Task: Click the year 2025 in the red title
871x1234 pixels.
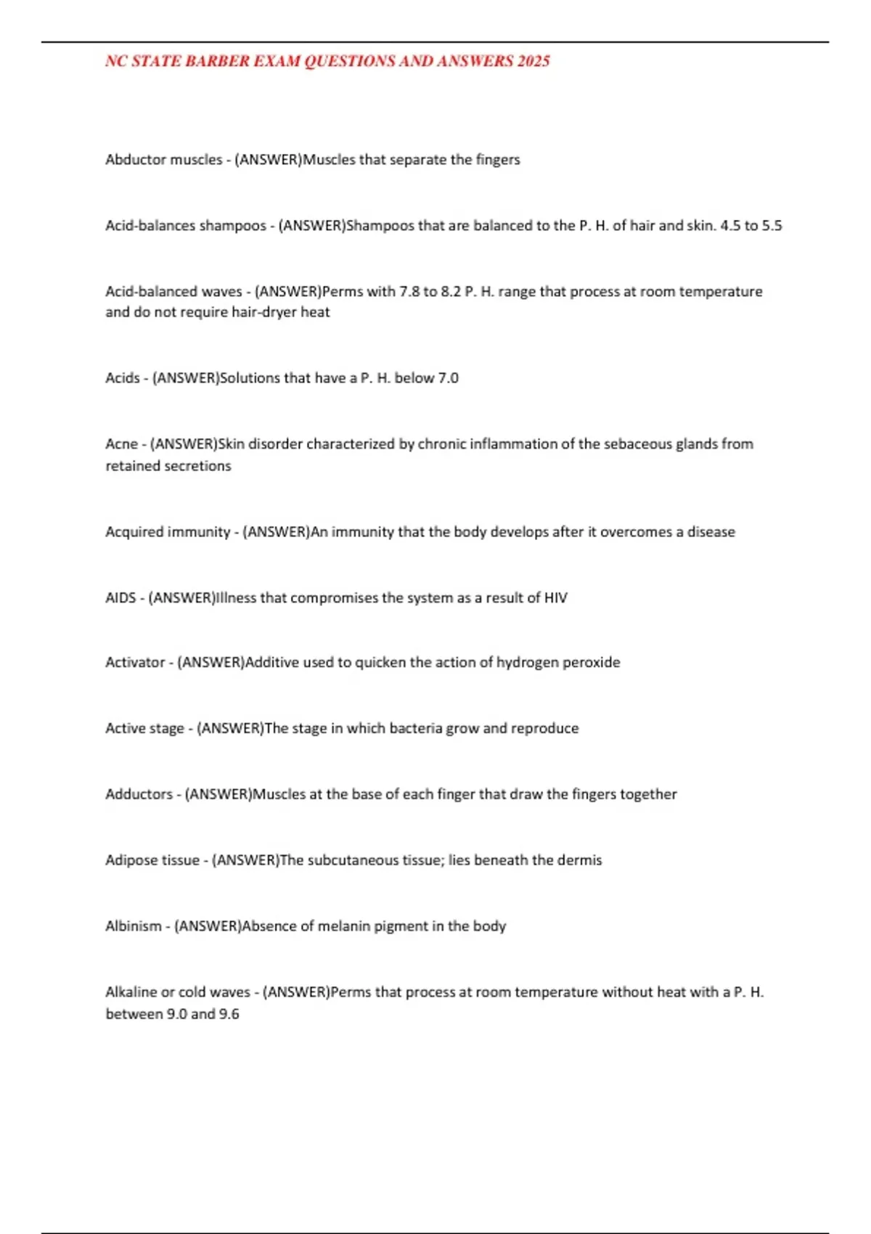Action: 533,61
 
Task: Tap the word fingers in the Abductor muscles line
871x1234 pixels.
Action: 498,160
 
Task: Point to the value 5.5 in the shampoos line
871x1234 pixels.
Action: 772,226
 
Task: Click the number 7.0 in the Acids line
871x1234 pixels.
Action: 448,378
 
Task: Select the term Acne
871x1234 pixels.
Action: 121,444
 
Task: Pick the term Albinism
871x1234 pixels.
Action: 134,927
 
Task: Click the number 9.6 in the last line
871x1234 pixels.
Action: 229,1014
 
